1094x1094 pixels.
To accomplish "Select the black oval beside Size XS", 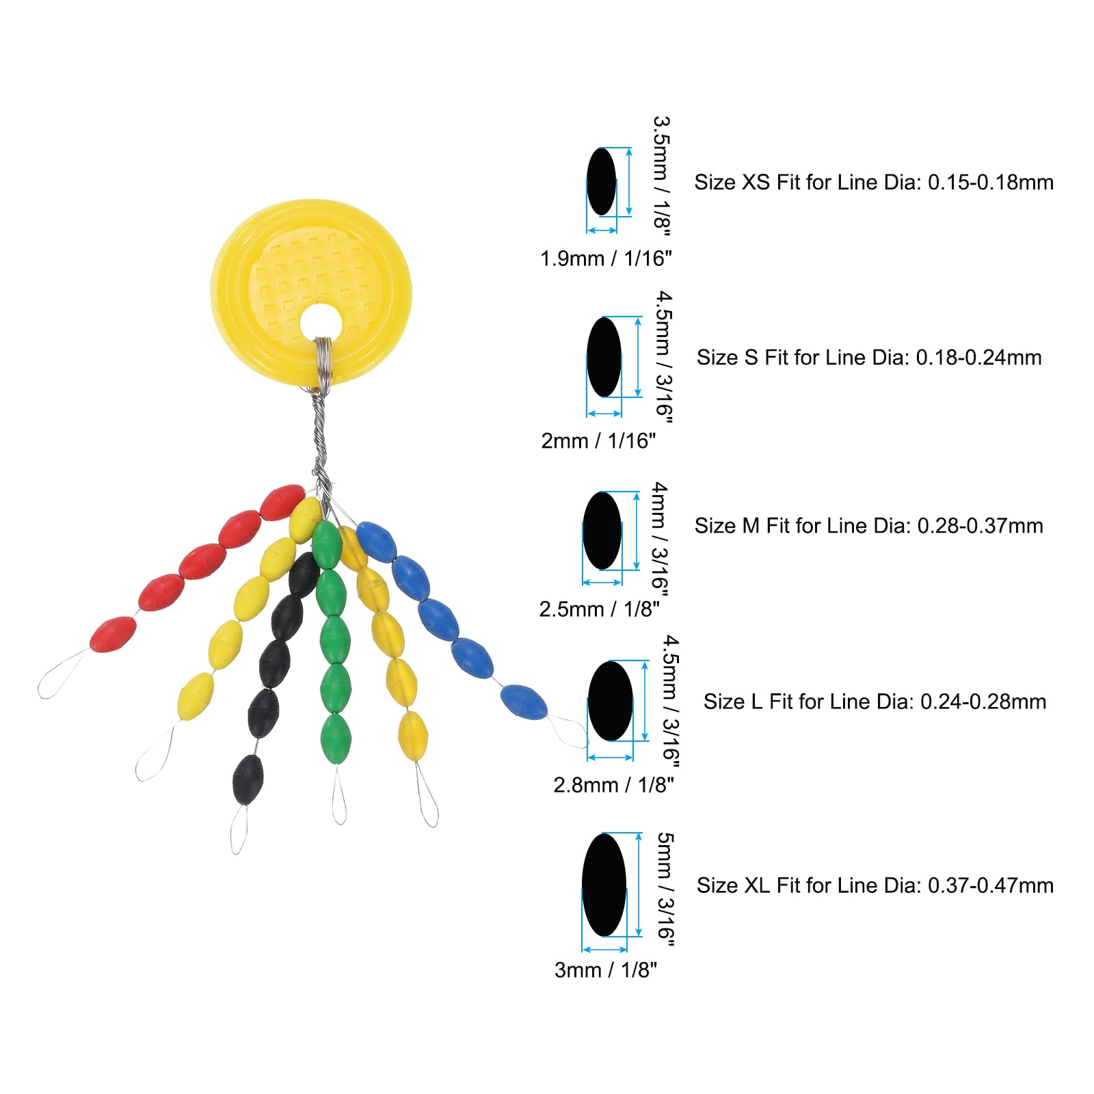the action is (x=601, y=181).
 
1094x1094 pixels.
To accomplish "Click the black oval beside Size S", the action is (x=604, y=356).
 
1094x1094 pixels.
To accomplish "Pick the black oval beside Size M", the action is (x=602, y=531).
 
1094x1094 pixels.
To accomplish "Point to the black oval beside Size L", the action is (x=610, y=701).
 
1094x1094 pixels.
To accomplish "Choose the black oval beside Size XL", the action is (x=604, y=884).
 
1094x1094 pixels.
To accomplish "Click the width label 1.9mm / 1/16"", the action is (x=606, y=258).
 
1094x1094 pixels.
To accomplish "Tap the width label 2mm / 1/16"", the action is (x=598, y=441).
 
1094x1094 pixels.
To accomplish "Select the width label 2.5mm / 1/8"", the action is (x=599, y=609).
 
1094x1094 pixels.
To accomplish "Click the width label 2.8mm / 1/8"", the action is (x=613, y=784).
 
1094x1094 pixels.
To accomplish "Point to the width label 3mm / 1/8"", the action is (x=605, y=970).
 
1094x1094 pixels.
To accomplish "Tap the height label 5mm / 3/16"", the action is (x=665, y=890).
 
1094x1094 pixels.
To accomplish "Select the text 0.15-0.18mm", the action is (x=990, y=182).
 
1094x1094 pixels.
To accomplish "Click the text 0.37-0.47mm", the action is (x=990, y=885).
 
